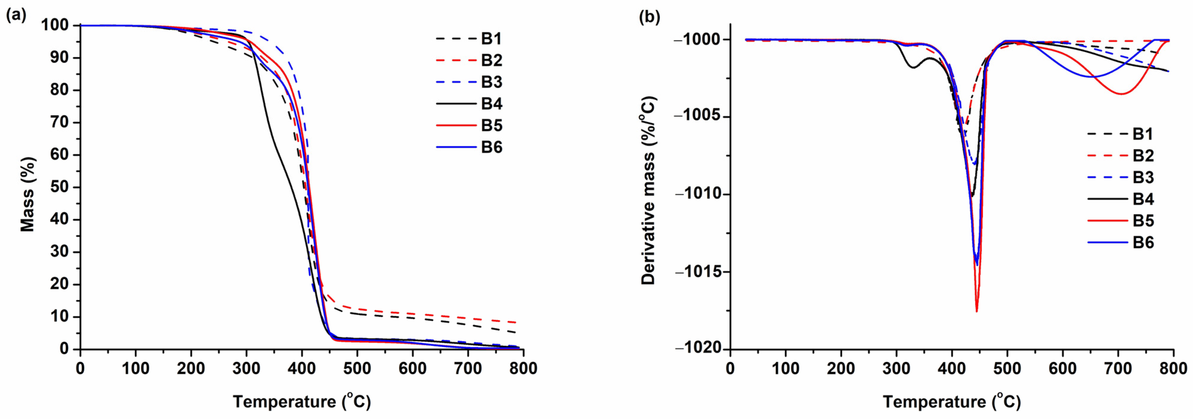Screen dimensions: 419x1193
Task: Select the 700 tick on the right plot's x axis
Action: [1118, 369]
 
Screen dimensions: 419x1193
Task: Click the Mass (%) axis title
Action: [28, 194]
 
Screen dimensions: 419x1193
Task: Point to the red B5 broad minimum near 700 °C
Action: [1121, 94]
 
